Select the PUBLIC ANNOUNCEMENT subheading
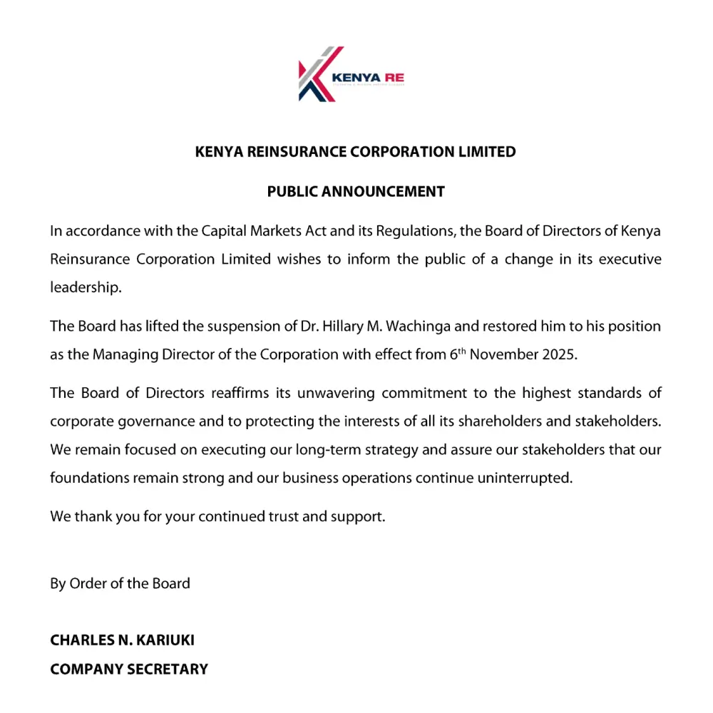tap(356, 192)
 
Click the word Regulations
tap(416, 232)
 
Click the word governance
tap(154, 421)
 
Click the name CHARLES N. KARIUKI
tap(122, 640)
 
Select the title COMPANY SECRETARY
tap(129, 669)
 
